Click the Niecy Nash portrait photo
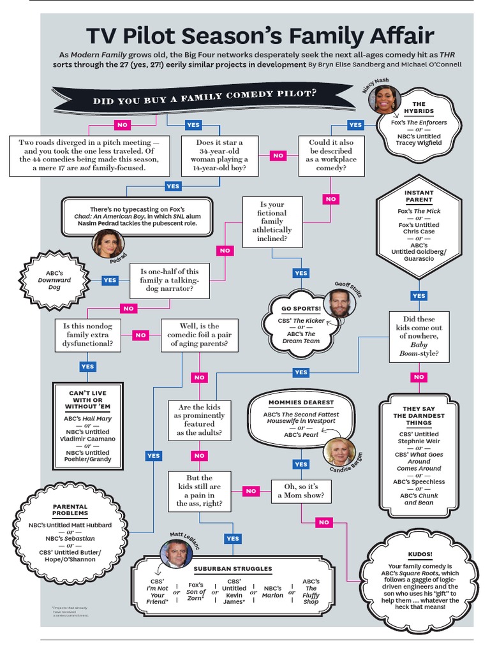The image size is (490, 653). pos(387,99)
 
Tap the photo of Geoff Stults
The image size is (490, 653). pos(339,303)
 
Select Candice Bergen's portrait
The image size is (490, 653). pos(338,451)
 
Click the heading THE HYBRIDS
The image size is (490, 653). pos(419,107)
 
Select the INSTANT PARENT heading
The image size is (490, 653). pos(419,196)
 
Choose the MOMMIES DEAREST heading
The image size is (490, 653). pos(301,402)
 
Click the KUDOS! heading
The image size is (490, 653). pos(419,555)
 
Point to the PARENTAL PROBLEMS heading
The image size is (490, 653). pos(70,510)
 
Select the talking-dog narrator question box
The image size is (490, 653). pos(170,281)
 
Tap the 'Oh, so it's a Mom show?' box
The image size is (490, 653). pos(301,490)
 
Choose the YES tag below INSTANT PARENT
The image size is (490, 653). pos(419,296)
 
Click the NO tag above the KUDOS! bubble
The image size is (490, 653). pos(324,522)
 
